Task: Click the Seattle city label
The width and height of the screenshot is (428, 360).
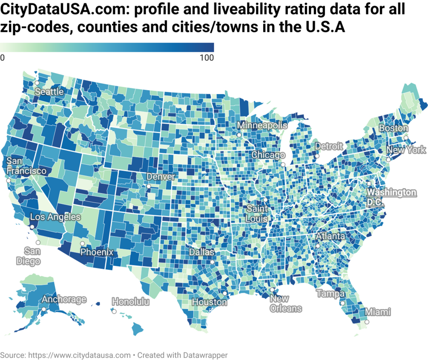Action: coord(49,91)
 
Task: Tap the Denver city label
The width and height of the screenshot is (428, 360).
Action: coord(160,177)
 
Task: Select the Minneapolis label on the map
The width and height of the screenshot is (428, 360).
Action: coord(262,126)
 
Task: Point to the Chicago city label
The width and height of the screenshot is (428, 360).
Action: coord(268,155)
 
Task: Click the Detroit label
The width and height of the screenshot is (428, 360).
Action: coord(329,146)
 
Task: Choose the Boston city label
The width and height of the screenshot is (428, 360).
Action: coord(394,128)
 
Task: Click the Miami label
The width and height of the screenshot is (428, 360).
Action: coord(377,312)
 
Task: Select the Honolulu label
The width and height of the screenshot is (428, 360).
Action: coord(131,302)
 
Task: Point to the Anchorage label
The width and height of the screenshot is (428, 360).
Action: coord(64,300)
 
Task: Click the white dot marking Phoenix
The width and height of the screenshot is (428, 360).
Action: coord(83,244)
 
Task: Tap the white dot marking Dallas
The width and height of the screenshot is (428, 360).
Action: coord(212,262)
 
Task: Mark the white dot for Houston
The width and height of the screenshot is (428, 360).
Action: coord(224,293)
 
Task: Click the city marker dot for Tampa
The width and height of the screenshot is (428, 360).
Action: coord(342,303)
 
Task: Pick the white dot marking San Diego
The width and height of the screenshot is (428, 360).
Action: coord(38,243)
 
